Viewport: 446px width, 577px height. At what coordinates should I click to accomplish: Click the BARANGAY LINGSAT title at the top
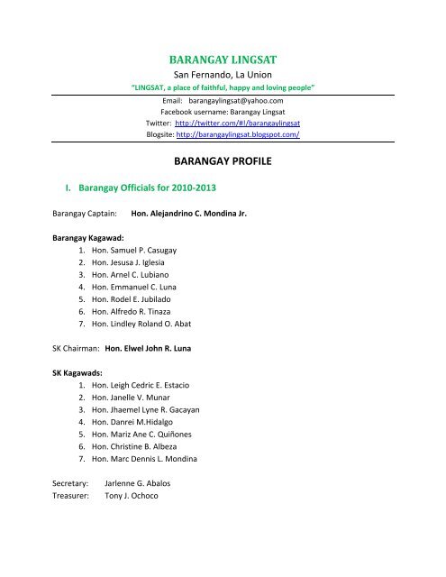coord(223,59)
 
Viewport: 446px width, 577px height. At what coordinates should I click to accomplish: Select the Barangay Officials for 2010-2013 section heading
coord(147,215)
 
